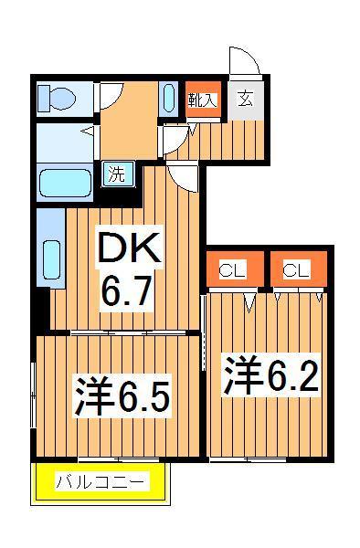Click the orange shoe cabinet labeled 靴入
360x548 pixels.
(201, 100)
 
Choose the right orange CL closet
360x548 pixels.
(294, 269)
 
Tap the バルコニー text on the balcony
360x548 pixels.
(101, 481)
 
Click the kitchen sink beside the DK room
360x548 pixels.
(51, 259)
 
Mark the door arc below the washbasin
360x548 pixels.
(174, 142)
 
